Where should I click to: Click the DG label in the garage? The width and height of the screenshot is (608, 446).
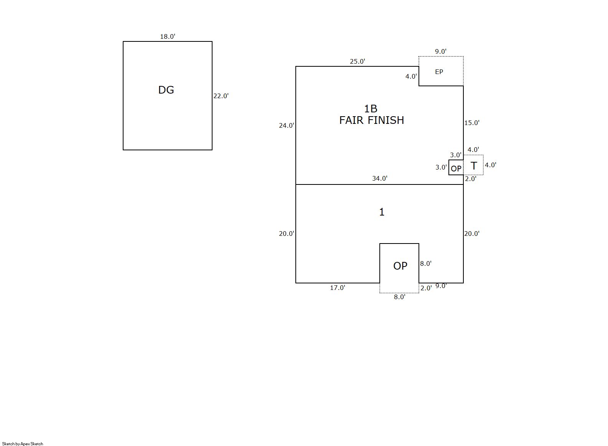click(166, 90)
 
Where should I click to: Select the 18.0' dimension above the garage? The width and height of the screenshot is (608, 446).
click(168, 37)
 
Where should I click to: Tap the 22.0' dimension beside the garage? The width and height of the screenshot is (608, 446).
click(221, 96)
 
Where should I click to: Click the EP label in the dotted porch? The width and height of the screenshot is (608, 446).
click(439, 72)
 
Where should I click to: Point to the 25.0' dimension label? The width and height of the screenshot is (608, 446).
click(358, 62)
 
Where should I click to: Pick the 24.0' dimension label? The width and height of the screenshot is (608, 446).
click(287, 126)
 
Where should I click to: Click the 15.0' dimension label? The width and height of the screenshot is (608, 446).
click(472, 123)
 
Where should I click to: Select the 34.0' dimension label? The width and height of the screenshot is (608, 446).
click(380, 178)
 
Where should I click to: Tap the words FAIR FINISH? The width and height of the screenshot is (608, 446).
click(372, 120)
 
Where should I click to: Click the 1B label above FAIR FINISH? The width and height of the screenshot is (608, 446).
click(371, 109)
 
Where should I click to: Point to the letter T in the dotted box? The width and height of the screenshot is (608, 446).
click(474, 166)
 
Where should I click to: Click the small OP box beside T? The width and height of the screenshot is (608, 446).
click(456, 167)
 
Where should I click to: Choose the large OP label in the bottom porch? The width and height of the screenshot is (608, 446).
click(400, 266)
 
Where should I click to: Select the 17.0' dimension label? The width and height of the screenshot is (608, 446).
click(338, 288)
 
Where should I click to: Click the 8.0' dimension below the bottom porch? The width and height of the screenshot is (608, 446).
click(400, 297)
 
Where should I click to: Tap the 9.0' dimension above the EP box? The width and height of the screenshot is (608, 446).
click(441, 51)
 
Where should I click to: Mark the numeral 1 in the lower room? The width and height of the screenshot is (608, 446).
click(382, 212)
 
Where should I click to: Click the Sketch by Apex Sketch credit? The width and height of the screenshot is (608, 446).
click(23, 444)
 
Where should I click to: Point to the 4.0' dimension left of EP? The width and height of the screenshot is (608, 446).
click(411, 76)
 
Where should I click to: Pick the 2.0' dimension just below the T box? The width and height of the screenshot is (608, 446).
click(471, 179)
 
